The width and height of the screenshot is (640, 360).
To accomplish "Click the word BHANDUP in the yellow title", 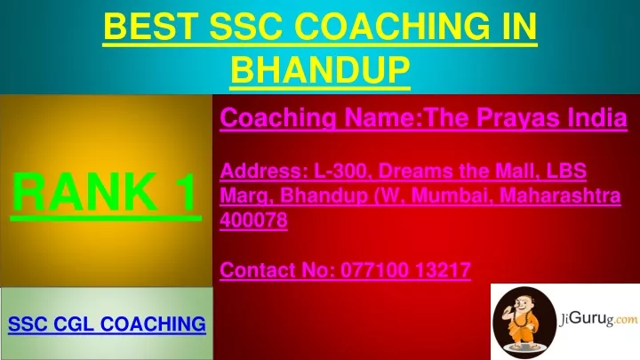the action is pos(320,68).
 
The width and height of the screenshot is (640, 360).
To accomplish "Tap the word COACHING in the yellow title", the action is pos(391,26).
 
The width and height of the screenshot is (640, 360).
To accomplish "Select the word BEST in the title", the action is pos(149,26).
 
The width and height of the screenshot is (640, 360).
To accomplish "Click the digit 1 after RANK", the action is pos(187,191).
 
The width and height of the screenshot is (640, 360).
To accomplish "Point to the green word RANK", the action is pos(85,191).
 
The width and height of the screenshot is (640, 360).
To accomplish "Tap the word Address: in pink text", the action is pos(264,171).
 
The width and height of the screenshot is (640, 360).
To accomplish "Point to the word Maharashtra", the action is pos(560,195).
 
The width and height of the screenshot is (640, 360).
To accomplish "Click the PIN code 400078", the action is pos(253,220).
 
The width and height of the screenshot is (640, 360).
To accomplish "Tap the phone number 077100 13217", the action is pos(405,270).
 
